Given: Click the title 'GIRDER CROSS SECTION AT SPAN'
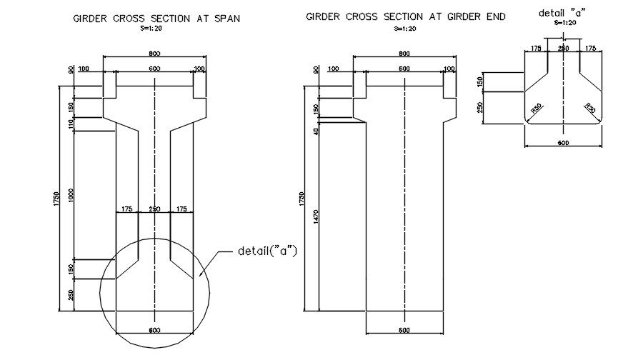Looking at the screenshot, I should [156, 19].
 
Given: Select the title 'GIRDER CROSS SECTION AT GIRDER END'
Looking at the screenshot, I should [406, 16].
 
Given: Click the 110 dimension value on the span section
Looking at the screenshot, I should [71, 124].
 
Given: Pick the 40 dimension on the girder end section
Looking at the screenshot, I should [316, 131].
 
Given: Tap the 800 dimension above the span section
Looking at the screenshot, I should [154, 54].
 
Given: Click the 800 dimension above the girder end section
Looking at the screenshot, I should [404, 54].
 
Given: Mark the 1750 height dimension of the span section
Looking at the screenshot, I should [55, 200].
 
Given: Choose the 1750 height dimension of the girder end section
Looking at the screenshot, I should [302, 200].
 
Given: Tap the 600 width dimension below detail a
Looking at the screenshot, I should [563, 143].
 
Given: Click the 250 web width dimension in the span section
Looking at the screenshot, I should [154, 209].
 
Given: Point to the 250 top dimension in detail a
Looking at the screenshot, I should [563, 48].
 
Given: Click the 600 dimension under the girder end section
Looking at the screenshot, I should [404, 330].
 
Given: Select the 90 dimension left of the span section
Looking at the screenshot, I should [71, 70].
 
